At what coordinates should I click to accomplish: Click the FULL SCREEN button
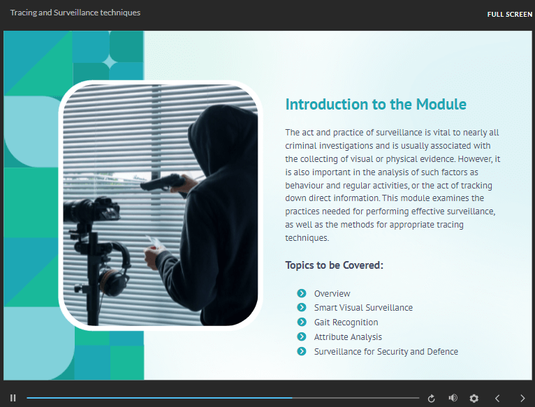point(509,15)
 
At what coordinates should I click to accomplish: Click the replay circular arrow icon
point(431,398)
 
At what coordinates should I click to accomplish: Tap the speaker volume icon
point(453,398)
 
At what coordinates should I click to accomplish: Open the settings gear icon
point(474,398)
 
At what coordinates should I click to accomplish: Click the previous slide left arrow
point(497,398)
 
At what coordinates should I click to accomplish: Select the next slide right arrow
point(522,398)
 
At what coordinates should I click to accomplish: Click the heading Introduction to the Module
point(376,105)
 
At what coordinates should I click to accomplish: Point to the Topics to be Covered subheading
point(335,265)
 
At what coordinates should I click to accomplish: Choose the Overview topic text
point(332,293)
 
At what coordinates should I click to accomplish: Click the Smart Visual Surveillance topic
point(363,308)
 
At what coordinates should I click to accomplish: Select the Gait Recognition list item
point(346,323)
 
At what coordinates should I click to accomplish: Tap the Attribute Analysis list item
point(348,337)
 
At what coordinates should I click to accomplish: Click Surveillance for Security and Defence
point(386,352)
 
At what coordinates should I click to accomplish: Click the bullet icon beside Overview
point(302,293)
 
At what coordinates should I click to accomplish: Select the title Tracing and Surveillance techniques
point(75,13)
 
